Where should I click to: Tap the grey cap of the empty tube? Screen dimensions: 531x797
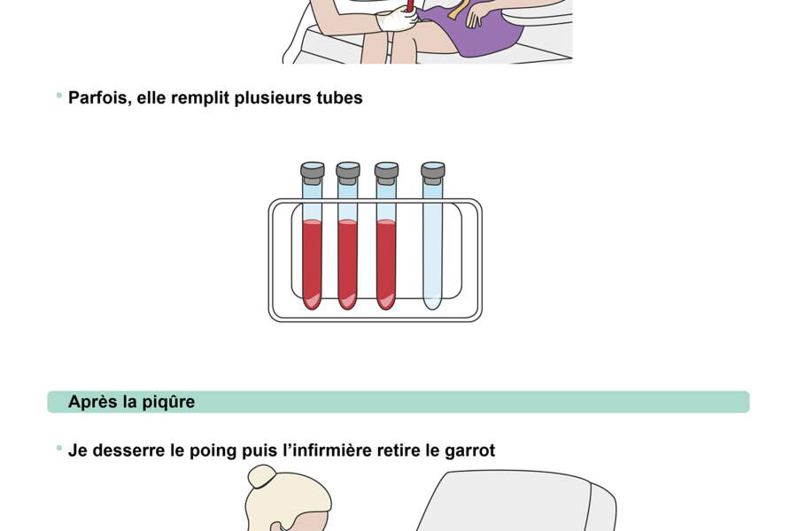pos(432,169)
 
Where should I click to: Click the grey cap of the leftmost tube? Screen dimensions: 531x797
pos(313,169)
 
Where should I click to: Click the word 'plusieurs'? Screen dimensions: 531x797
pos(270,97)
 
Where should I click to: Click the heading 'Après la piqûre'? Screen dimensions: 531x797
pos(131,402)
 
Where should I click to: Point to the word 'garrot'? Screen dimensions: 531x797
pos(468,450)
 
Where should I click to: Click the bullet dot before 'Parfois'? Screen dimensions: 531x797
pos(59,95)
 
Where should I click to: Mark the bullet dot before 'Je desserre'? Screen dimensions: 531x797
pos(59,448)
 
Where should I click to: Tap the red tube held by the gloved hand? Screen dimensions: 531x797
pos(410,6)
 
